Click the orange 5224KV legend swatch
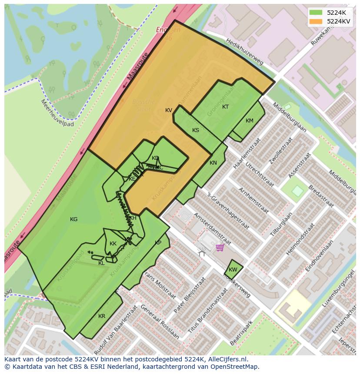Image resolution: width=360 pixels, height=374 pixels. (316, 21)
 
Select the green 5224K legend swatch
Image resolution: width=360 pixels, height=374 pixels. (316, 12)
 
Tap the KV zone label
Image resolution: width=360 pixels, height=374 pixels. (169, 110)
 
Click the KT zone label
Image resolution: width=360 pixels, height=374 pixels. (225, 107)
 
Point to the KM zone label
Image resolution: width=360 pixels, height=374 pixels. (249, 121)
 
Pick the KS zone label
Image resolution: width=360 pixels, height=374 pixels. (196, 130)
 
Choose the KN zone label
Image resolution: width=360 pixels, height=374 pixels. (213, 163)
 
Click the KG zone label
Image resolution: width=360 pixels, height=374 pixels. (73, 219)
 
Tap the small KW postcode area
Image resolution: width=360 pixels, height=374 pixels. (233, 269)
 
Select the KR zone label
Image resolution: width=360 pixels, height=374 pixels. (102, 316)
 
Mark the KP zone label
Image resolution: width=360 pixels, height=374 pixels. (158, 243)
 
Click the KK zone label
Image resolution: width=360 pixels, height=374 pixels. (113, 244)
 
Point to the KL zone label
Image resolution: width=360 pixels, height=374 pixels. (101, 263)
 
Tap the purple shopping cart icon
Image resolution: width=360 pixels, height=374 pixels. (220, 248)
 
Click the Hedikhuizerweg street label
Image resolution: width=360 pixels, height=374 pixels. (245, 51)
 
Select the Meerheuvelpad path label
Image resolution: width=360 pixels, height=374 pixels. (57, 113)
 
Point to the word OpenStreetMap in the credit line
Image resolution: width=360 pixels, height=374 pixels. (237, 367)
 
